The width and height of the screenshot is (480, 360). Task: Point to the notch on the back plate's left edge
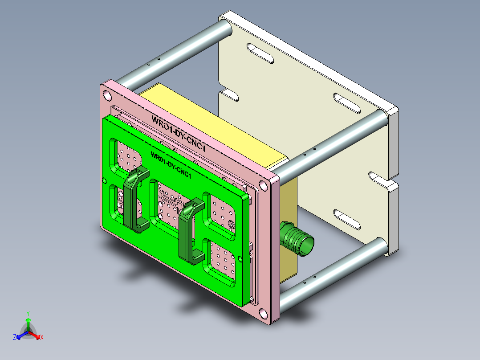(228, 95)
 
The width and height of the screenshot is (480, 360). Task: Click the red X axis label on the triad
(41, 337)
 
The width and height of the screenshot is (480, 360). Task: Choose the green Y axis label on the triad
(28, 313)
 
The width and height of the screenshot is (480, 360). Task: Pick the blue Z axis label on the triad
(15, 338)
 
